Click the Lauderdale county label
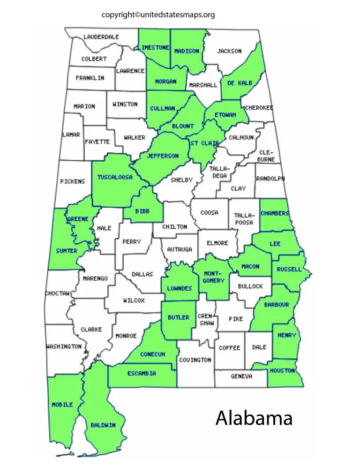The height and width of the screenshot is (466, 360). tap(101, 37)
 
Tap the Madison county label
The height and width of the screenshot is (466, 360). tap(187, 51)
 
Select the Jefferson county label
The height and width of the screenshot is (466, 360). tap(163, 156)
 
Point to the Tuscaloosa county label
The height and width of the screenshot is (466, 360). tap(115, 177)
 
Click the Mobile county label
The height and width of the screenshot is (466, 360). tap(62, 404)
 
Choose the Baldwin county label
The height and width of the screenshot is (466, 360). tap(103, 425)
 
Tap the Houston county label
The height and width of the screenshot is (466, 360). tap(282, 370)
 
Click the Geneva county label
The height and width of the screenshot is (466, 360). tap(242, 376)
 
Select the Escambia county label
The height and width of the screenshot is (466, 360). tap(142, 374)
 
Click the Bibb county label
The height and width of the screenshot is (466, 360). tap(142, 211)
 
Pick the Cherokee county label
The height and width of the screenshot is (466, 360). tap(258, 107)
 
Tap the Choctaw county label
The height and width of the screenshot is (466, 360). tap(57, 293)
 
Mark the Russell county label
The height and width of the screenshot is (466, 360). tap(289, 270)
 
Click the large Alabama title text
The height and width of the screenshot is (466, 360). tap(254, 418)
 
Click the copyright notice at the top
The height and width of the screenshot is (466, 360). tap(158, 15)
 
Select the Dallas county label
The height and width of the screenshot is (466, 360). tap(142, 274)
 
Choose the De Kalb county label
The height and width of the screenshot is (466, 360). tap(240, 83)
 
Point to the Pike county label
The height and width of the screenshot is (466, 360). tap(236, 319)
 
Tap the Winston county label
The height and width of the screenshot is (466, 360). tap(125, 104)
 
